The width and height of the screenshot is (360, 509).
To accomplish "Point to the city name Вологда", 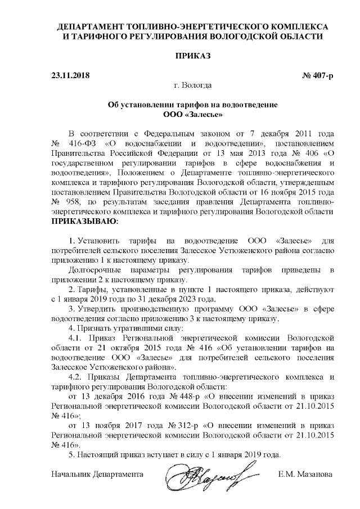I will (197, 85).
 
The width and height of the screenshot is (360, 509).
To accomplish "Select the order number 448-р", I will (181, 397).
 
